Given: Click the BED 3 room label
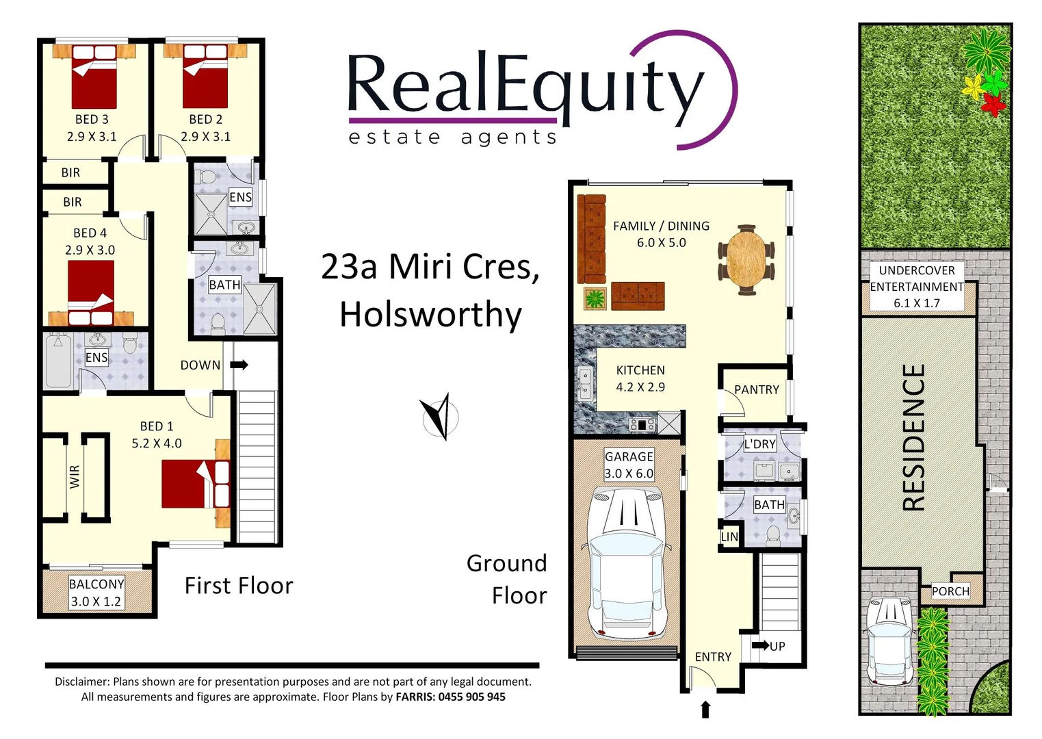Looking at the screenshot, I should pyautogui.click(x=92, y=120).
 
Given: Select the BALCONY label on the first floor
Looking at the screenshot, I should pyautogui.click(x=96, y=584).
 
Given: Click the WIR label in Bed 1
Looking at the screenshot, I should pyautogui.click(x=75, y=476).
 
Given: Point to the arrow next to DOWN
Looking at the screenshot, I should pyautogui.click(x=239, y=365).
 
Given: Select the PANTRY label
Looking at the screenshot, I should pyautogui.click(x=756, y=389).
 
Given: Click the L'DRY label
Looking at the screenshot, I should pyautogui.click(x=759, y=444).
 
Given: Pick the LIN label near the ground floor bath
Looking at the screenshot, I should pyautogui.click(x=729, y=536).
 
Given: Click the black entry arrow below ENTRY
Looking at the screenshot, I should pyautogui.click(x=705, y=710).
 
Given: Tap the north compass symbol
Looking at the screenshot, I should pyautogui.click(x=440, y=417).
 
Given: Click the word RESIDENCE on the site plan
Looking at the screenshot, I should pyautogui.click(x=914, y=438).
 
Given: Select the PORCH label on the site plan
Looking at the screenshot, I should pyautogui.click(x=950, y=591).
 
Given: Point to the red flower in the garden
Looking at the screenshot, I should pyautogui.click(x=993, y=105).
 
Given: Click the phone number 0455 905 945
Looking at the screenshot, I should pyautogui.click(x=472, y=697).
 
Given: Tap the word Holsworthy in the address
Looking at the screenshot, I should pyautogui.click(x=430, y=315).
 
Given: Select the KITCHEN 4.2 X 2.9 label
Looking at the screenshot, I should pyautogui.click(x=640, y=378).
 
